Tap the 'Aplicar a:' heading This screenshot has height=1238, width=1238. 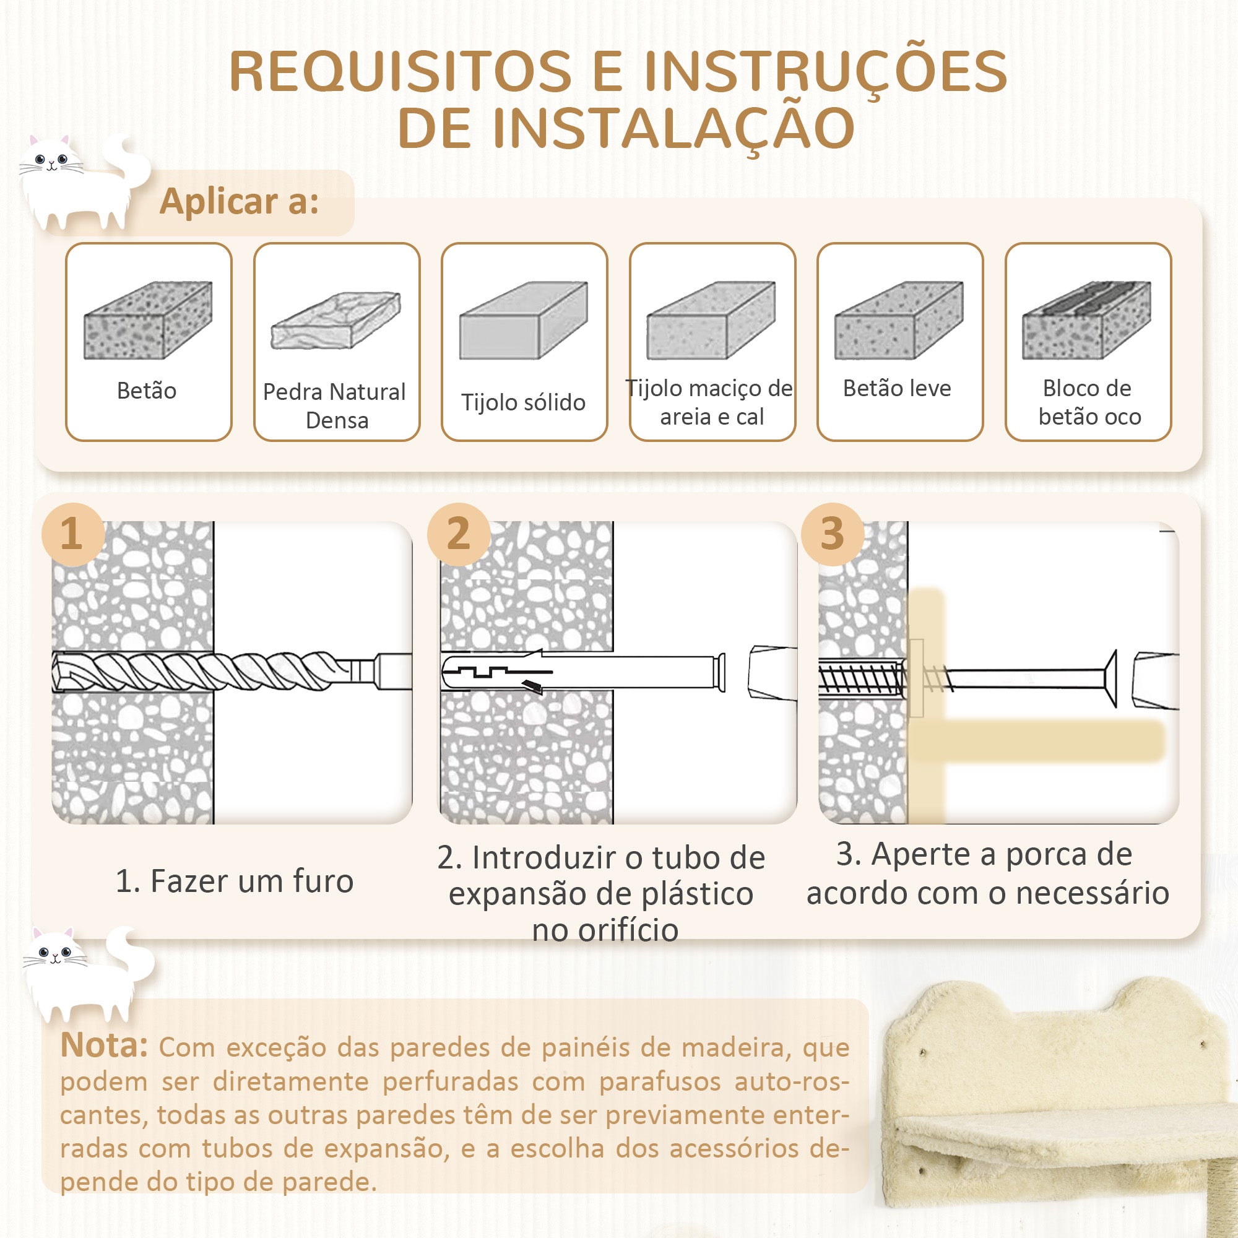(x=239, y=201)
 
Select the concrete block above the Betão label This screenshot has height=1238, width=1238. (x=148, y=320)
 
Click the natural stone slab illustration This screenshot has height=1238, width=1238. (x=335, y=321)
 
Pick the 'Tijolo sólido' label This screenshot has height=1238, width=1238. (x=524, y=402)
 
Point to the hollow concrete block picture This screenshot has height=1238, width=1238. (x=1087, y=320)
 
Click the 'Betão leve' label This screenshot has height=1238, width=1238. (x=897, y=388)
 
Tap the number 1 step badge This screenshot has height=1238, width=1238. (x=72, y=534)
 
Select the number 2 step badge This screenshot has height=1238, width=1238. (x=459, y=534)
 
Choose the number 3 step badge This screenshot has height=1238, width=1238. (x=833, y=534)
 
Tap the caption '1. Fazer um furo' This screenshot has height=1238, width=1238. (x=235, y=881)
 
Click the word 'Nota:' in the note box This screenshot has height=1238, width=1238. (x=104, y=1045)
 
